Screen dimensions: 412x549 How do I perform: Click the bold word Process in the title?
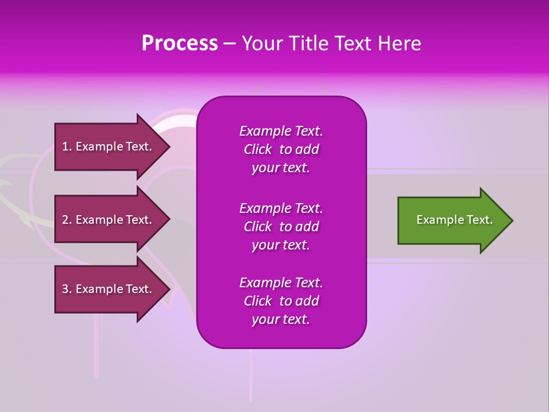coord(180,43)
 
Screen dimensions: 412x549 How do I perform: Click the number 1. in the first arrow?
coord(67,146)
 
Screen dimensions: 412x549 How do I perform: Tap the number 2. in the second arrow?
coord(67,220)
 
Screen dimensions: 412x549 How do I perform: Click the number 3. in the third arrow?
coord(67,289)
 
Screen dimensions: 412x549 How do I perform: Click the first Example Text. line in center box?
coord(281,131)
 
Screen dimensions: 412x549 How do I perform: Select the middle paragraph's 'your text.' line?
coord(281,245)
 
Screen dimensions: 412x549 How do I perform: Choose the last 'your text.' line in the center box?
coord(281,319)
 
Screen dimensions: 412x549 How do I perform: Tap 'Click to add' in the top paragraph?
coord(281,149)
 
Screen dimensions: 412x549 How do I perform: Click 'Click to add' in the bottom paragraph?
coord(281,301)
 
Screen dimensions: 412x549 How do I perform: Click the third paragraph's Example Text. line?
coord(281,283)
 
